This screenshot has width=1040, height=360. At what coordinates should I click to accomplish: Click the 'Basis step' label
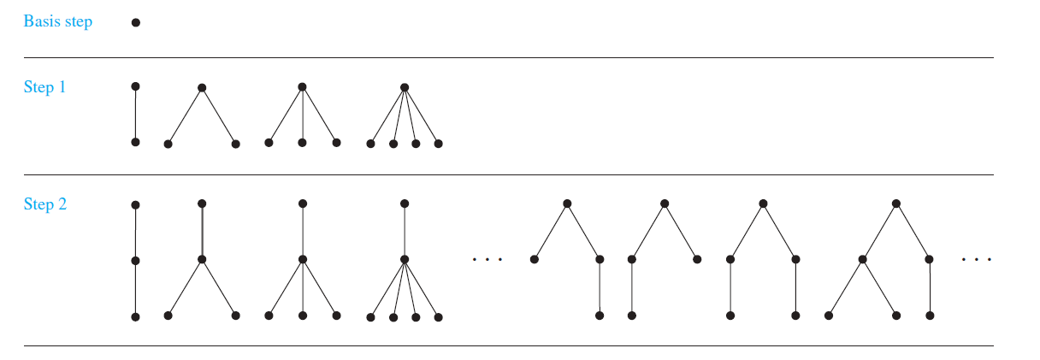tap(57, 22)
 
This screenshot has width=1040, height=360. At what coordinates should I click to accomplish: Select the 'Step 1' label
tap(44, 87)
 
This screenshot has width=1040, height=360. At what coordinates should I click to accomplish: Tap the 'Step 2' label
tap(44, 204)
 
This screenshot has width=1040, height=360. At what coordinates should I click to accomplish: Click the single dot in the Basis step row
tap(135, 22)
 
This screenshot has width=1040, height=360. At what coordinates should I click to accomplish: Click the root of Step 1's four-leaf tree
tap(405, 87)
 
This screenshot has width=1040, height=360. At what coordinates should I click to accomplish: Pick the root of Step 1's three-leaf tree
tap(302, 87)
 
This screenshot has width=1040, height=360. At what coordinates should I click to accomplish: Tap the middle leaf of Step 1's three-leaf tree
tap(302, 143)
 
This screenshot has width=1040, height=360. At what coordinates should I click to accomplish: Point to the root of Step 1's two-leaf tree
tap(202, 87)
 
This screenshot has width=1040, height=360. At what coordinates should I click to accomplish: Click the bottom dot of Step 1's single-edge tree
tap(135, 142)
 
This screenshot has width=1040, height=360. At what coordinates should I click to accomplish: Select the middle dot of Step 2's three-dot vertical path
tap(135, 260)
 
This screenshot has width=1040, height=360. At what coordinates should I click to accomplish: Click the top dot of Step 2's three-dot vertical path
tap(135, 205)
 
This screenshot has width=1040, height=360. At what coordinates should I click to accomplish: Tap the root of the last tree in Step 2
tap(895, 204)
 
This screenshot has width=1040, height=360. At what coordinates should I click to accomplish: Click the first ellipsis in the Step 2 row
tap(487, 259)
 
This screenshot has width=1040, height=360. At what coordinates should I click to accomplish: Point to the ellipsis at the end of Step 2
tap(976, 259)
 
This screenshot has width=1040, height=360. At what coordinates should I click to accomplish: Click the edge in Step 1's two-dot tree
tap(135, 115)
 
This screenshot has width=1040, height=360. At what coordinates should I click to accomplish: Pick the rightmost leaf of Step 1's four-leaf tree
tap(438, 144)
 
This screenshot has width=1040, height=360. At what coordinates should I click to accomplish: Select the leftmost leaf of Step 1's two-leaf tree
tap(168, 144)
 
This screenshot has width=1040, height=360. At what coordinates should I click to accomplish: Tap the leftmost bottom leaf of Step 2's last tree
tap(829, 316)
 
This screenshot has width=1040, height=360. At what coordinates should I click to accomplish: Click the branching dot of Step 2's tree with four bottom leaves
tap(405, 259)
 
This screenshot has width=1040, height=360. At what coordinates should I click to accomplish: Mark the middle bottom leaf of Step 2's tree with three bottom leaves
tap(302, 316)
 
